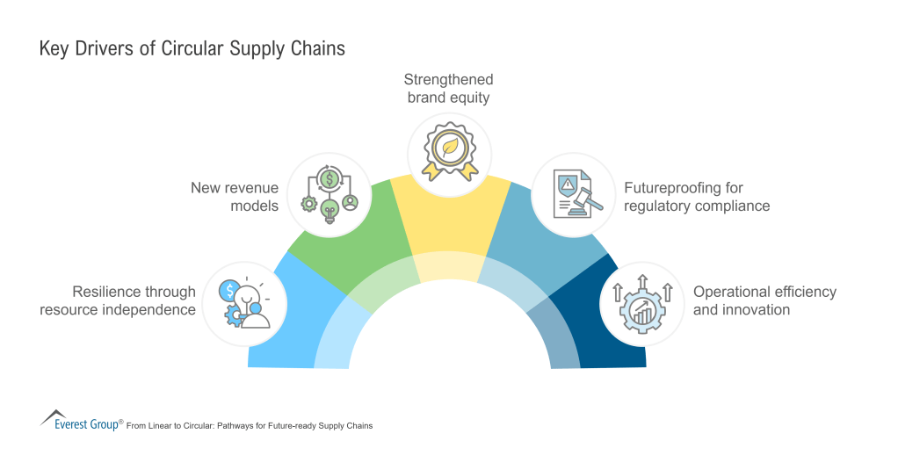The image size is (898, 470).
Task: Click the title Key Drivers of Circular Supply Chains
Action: (x=192, y=48)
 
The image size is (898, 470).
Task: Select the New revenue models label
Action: (x=235, y=198)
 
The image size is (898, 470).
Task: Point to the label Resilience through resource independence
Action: (x=118, y=300)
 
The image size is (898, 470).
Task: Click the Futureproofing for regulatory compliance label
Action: (x=697, y=198)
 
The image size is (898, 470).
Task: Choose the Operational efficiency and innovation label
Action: (x=764, y=300)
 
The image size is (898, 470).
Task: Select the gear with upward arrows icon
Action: (x=641, y=301)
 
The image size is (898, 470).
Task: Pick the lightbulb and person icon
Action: (x=245, y=302)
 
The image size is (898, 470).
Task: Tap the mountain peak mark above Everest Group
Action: (x=54, y=415)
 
